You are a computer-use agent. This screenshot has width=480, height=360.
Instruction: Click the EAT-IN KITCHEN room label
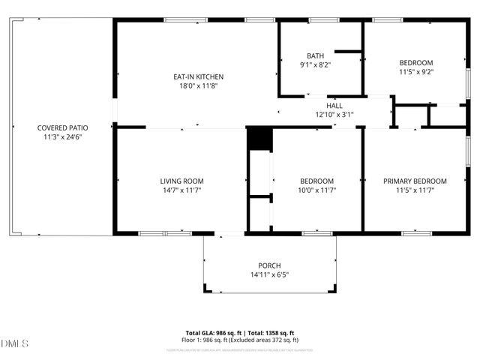tap(198, 76)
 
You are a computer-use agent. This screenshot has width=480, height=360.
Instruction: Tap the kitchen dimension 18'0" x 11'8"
tap(198, 86)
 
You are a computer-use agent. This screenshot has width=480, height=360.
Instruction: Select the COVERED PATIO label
tap(61, 127)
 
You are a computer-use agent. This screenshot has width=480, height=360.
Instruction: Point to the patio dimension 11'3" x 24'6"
tap(61, 137)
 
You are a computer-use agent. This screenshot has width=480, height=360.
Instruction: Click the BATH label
tap(315, 55)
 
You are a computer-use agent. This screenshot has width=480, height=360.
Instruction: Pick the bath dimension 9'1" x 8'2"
tap(315, 65)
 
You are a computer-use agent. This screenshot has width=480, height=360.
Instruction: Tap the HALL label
tap(334, 106)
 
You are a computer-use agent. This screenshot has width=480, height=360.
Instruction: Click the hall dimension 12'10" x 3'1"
tap(334, 115)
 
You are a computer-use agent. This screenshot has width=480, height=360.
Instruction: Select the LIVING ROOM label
tap(181, 181)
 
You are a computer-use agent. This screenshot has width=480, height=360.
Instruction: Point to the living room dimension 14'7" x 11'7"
tap(181, 190)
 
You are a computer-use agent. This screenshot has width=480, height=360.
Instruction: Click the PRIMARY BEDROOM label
tap(415, 181)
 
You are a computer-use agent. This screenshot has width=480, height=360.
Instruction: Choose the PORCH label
tap(269, 265)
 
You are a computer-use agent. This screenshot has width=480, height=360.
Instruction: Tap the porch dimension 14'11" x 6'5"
tap(269, 274)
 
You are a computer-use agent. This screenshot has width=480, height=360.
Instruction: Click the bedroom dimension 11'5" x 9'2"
tap(415, 72)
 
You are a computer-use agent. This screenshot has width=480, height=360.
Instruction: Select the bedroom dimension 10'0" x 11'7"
tap(316, 190)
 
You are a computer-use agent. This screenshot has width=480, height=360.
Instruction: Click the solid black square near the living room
tap(259, 139)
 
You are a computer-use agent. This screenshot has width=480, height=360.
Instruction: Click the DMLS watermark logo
tap(15, 343)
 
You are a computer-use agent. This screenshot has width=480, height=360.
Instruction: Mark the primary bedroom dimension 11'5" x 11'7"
tap(415, 190)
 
